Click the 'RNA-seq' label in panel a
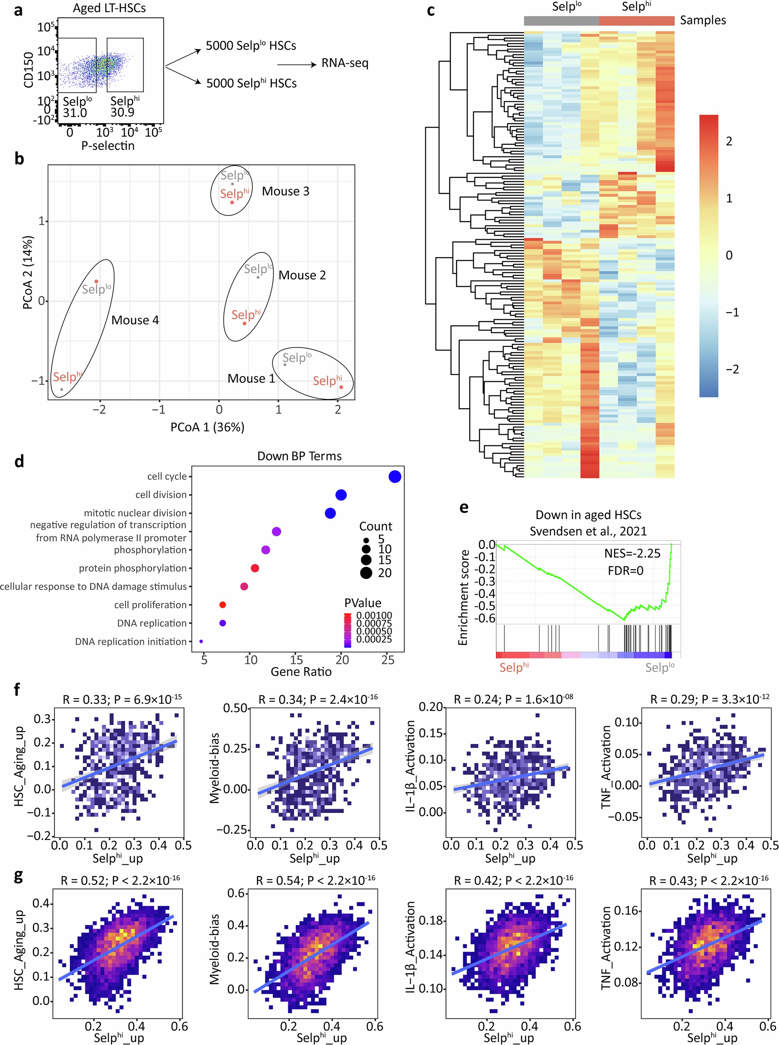tap(345, 63)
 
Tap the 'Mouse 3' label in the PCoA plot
tap(285, 191)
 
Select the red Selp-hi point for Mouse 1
tap(341, 387)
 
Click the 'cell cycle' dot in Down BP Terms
tap(395, 476)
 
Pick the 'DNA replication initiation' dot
tap(201, 641)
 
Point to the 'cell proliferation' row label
tap(150, 605)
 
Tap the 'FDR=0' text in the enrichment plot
tap(625, 571)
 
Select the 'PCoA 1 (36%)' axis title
tap(208, 427)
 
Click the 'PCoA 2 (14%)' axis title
tap(28, 273)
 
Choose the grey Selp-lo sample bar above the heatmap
tap(561, 21)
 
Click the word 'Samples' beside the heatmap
tap(703, 20)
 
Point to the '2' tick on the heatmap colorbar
tap(729, 141)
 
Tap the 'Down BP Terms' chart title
tap(299, 456)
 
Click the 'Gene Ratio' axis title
tap(301, 671)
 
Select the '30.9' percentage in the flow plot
tap(122, 112)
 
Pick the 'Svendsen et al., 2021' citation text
tap(588, 531)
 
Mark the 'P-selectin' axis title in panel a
tap(107, 146)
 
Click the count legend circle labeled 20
tap(366, 573)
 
